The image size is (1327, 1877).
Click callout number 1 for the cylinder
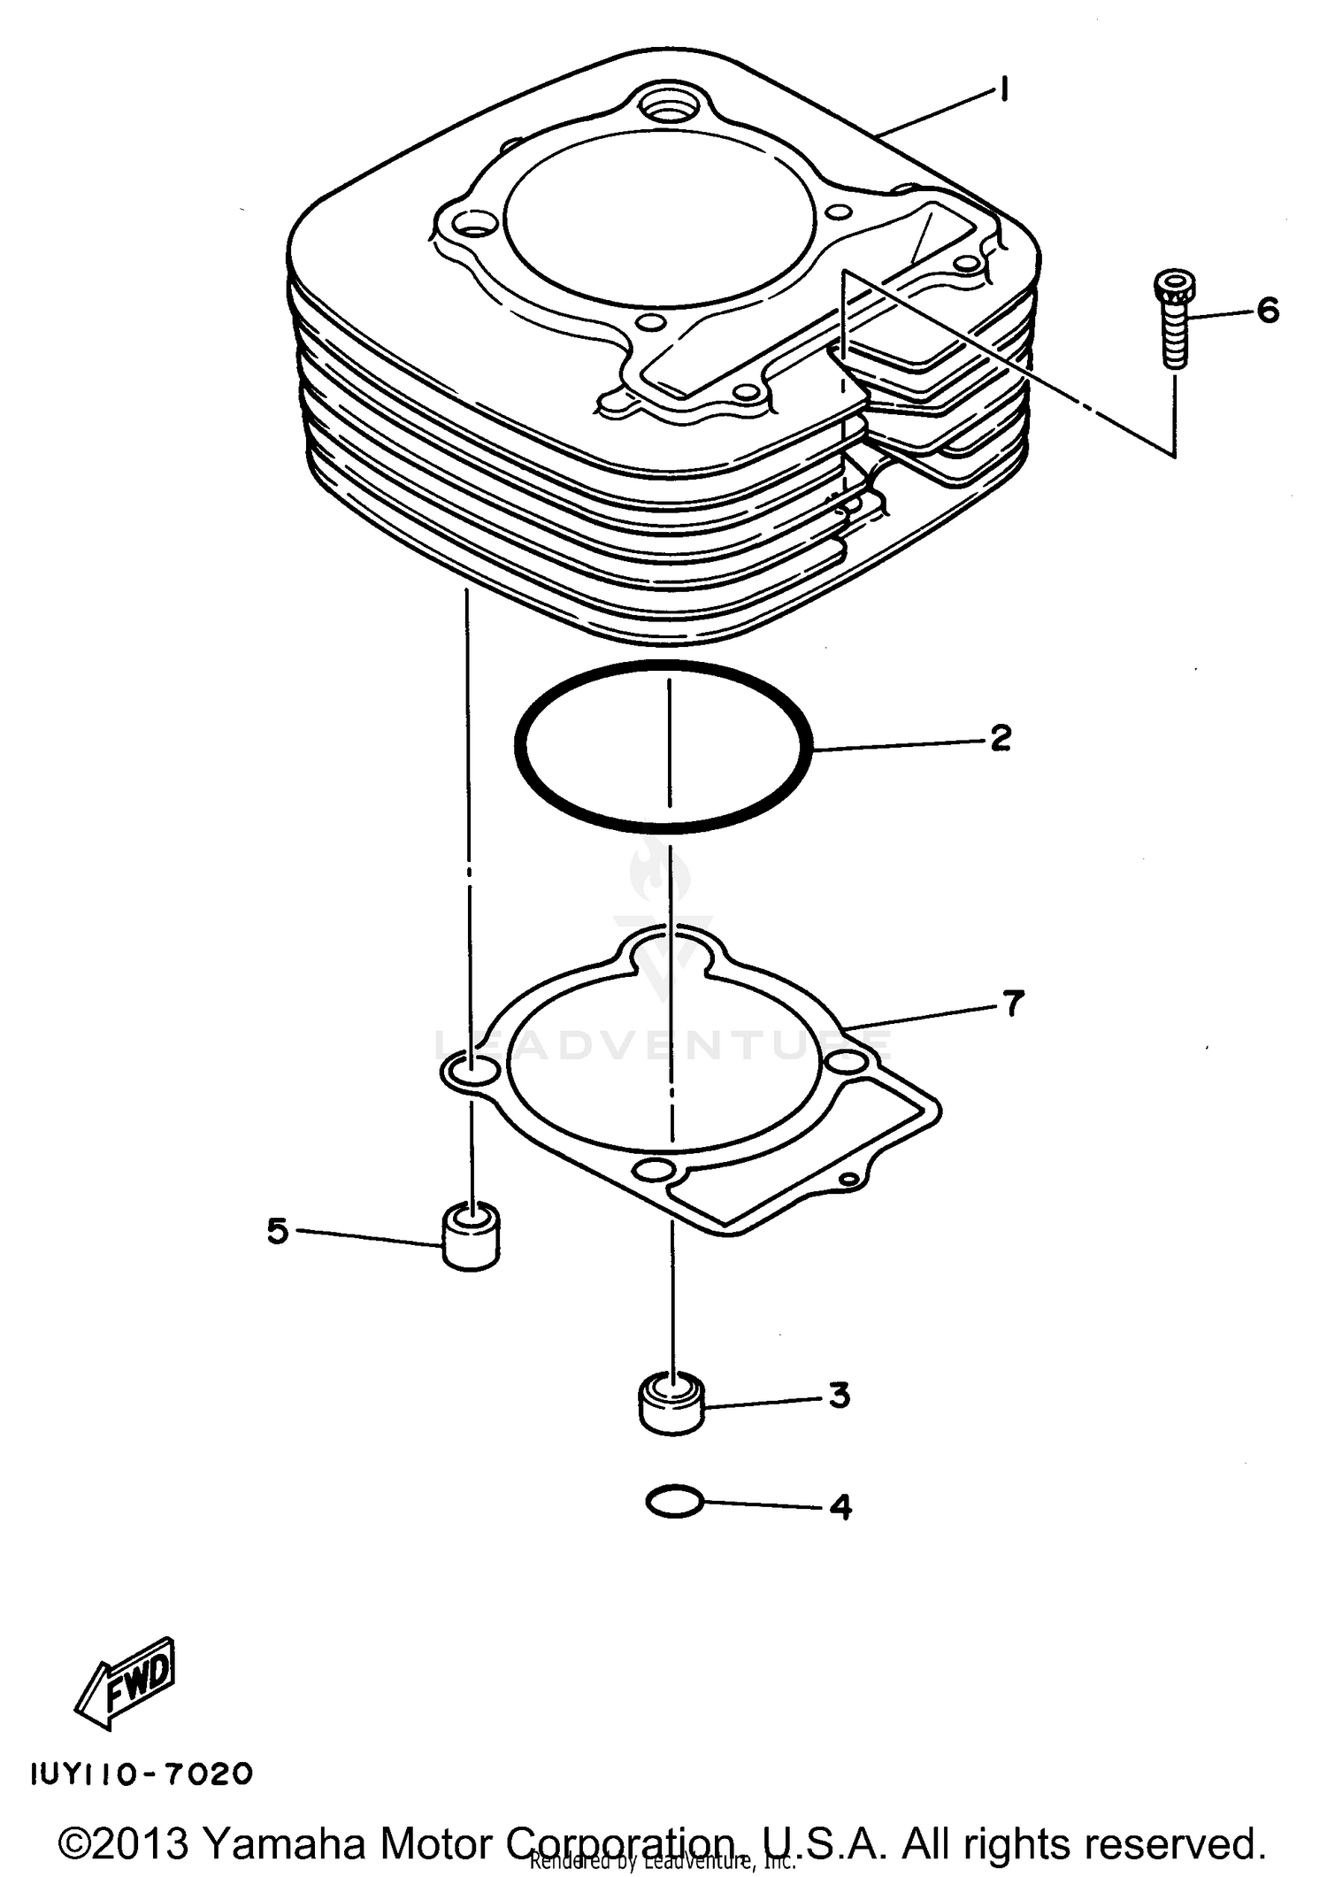tap(1003, 90)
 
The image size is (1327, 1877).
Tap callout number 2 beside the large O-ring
tap(1001, 736)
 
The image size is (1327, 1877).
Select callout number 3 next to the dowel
tap(840, 1396)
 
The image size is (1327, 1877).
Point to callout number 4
tap(840, 1505)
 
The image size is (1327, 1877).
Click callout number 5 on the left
tap(278, 1231)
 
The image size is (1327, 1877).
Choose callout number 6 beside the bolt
tap(1267, 311)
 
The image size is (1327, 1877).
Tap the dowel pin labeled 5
tap(471, 1237)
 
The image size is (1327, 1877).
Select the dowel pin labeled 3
tap(671, 1403)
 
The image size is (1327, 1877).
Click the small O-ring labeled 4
tap(674, 1501)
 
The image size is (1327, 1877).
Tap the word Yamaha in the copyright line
tap(284, 1842)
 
